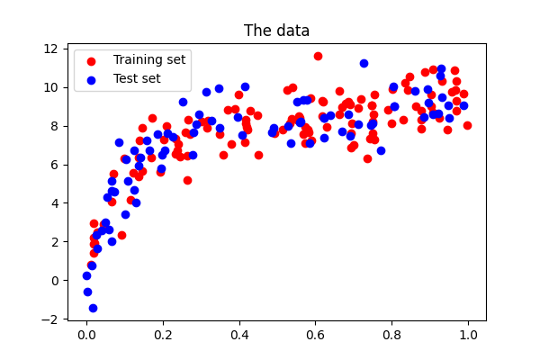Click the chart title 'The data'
click(276, 31)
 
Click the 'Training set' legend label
click(148, 59)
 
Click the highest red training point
click(318, 56)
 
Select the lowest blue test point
click(93, 308)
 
